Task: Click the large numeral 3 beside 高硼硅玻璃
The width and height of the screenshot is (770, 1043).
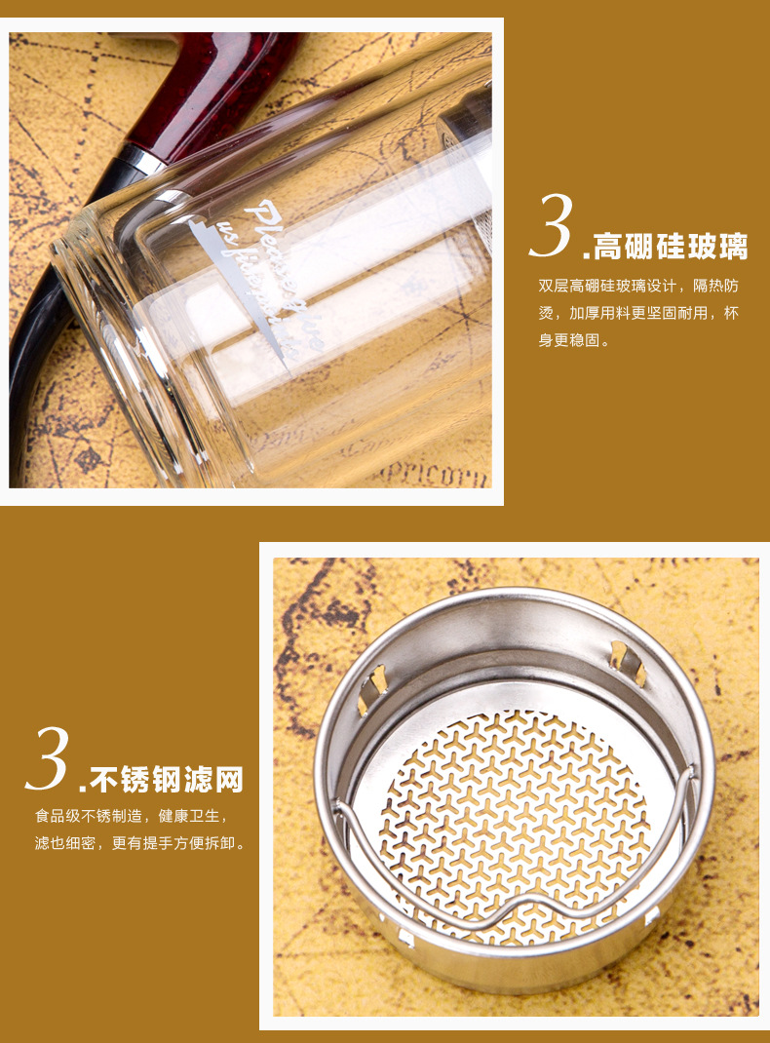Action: coord(553,227)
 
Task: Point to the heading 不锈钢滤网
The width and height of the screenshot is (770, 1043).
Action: coord(166,780)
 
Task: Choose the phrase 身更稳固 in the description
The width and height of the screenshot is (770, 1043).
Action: coord(575,341)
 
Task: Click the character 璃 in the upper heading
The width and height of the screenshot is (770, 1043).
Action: coord(732,247)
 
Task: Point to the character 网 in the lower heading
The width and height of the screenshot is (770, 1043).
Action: coord(228,780)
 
